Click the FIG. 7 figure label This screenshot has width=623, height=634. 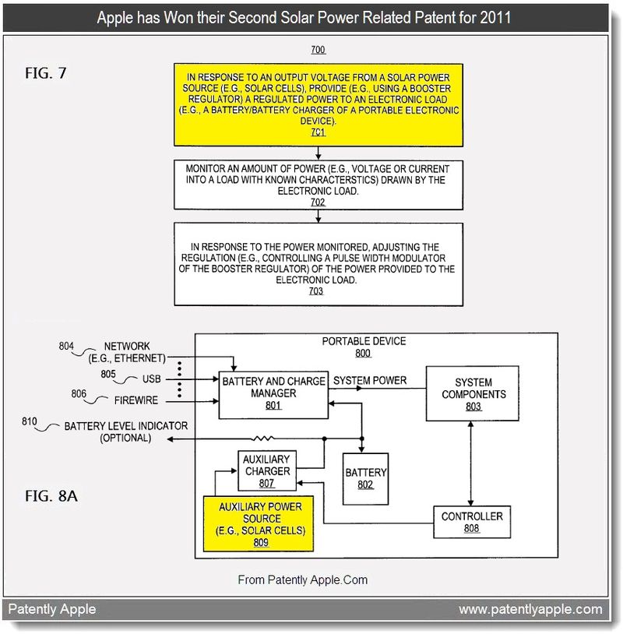(46, 73)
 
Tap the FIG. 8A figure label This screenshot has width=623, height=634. (51, 495)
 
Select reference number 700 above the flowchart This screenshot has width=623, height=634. (319, 50)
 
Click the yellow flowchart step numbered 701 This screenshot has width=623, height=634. (319, 104)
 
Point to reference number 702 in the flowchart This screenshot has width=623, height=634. (318, 203)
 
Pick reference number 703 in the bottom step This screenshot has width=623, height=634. (315, 291)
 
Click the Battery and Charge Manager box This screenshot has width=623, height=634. (273, 395)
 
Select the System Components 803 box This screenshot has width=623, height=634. (472, 393)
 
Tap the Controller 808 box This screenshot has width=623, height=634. (472, 522)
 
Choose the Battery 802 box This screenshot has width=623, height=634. (365, 479)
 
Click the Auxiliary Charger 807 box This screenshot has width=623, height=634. (267, 470)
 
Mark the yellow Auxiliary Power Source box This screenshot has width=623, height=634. (259, 523)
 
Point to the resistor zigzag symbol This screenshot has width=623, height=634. (262, 439)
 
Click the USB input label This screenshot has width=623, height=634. (152, 379)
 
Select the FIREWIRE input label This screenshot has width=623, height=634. (136, 400)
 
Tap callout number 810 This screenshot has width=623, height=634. (29, 421)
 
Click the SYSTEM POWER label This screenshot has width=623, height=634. (370, 381)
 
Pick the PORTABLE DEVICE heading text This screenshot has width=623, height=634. (364, 341)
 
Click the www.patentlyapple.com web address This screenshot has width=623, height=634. (530, 609)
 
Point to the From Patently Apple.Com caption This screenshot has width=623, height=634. (303, 579)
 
